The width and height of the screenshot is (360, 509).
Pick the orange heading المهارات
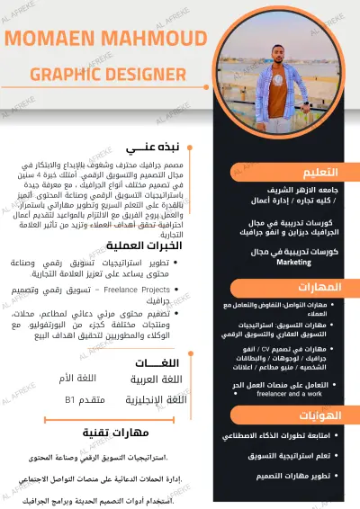click(320, 287)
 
